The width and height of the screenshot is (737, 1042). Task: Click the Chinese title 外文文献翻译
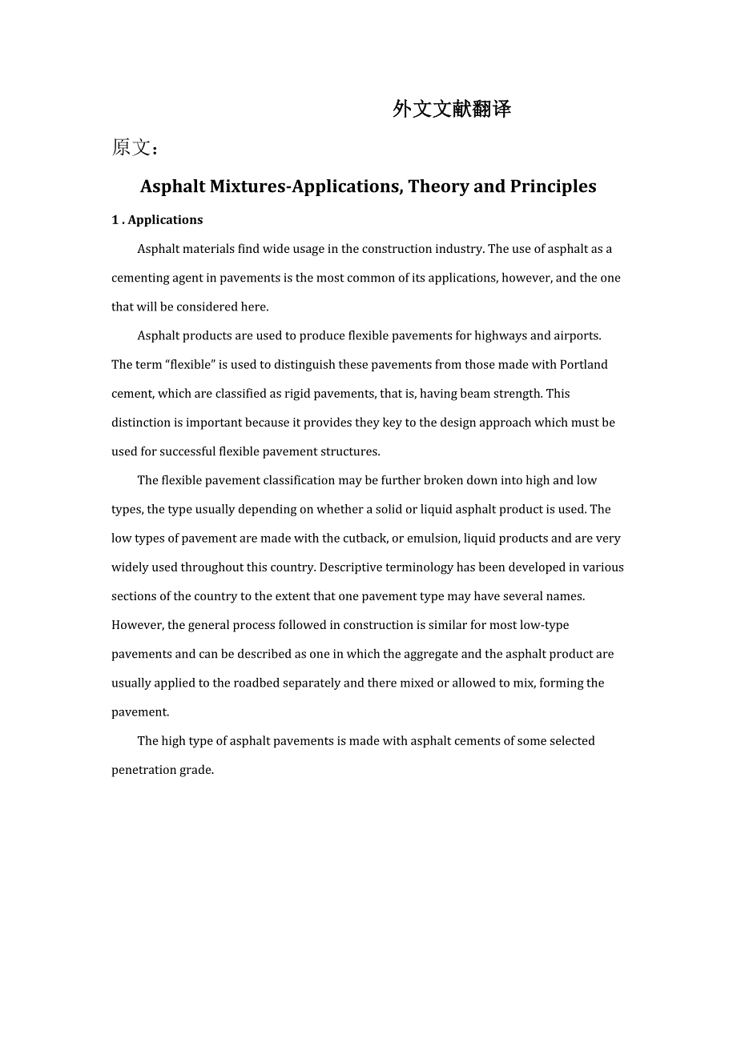(x=452, y=110)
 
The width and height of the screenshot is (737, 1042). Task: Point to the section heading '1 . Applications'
(x=157, y=220)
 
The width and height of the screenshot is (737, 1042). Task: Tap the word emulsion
(x=433, y=538)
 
